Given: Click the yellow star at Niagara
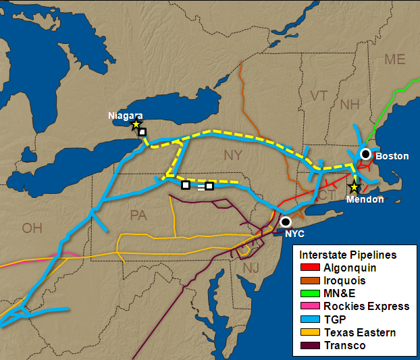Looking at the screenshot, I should (136, 124).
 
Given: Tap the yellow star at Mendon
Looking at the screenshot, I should (354, 187).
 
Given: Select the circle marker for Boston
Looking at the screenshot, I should (365, 153).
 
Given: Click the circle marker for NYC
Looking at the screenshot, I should (286, 222).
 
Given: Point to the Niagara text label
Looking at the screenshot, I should (125, 115).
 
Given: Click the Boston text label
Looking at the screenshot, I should (392, 156).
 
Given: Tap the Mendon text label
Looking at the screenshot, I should (365, 199).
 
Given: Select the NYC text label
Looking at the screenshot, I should (294, 234).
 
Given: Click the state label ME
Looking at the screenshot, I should (394, 59).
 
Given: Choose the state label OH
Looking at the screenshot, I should (32, 228).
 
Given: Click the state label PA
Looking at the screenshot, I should (138, 215).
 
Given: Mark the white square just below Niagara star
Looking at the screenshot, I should (142, 132).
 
